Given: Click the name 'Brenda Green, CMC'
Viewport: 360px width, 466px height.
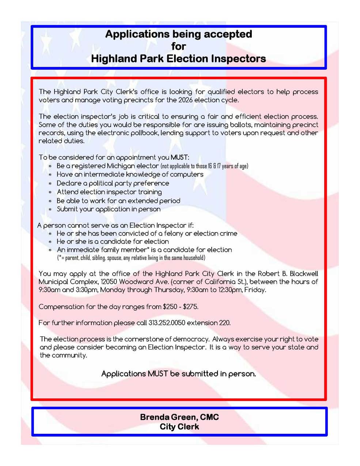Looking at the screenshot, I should click(179, 417).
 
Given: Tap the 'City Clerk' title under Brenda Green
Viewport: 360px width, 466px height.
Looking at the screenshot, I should click(179, 427).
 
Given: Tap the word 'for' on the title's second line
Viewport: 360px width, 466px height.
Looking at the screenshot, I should click(179, 46).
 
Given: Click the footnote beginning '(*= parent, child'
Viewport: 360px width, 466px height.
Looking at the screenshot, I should click(131, 258).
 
